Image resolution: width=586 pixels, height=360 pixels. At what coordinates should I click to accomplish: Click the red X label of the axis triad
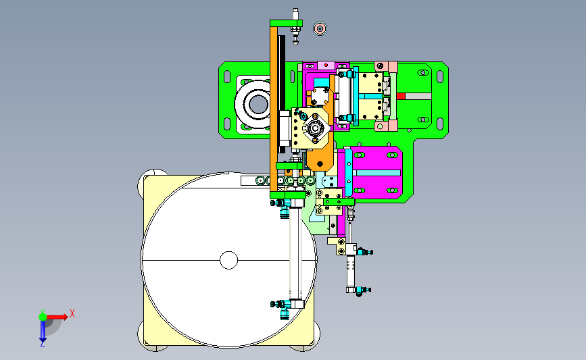(x=72, y=313)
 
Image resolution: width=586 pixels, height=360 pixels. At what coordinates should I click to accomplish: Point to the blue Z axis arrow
(x=43, y=331)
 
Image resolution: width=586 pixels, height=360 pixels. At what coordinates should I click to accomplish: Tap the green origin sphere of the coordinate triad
(x=43, y=317)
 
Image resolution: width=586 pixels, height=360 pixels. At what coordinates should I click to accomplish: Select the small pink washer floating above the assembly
(x=320, y=28)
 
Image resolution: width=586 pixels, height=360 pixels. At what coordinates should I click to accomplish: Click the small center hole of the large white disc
(x=228, y=260)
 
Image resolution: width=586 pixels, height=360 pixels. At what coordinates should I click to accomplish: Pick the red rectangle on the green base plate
(x=401, y=96)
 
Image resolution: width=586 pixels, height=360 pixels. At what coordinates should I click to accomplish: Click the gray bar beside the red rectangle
(x=418, y=96)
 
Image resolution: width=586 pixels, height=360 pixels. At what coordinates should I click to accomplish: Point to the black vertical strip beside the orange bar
(x=282, y=94)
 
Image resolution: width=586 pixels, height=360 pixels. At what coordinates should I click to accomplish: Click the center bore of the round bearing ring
(x=258, y=103)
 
